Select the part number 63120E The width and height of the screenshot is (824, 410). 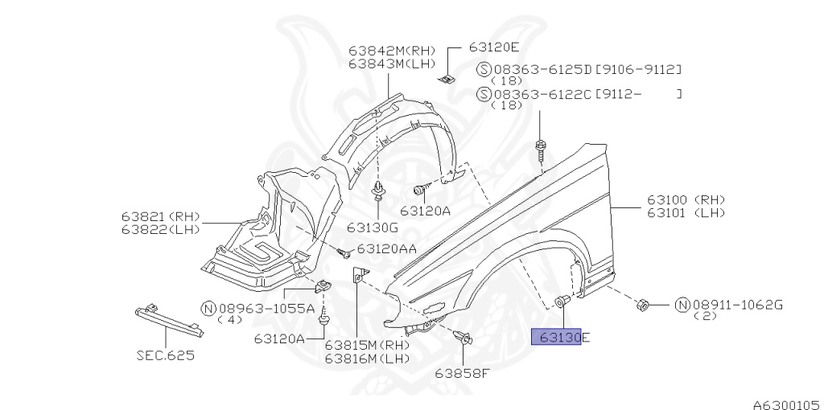(x=494, y=47)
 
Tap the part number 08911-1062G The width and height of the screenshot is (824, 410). (x=737, y=304)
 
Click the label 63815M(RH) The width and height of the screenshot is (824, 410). (x=367, y=345)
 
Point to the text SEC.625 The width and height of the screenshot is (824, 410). (x=165, y=355)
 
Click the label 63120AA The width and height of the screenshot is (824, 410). (x=386, y=249)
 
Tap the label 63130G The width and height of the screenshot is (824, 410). (x=373, y=227)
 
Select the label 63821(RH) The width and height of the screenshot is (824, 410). (x=159, y=217)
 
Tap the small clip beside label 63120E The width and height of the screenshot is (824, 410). (x=447, y=77)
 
